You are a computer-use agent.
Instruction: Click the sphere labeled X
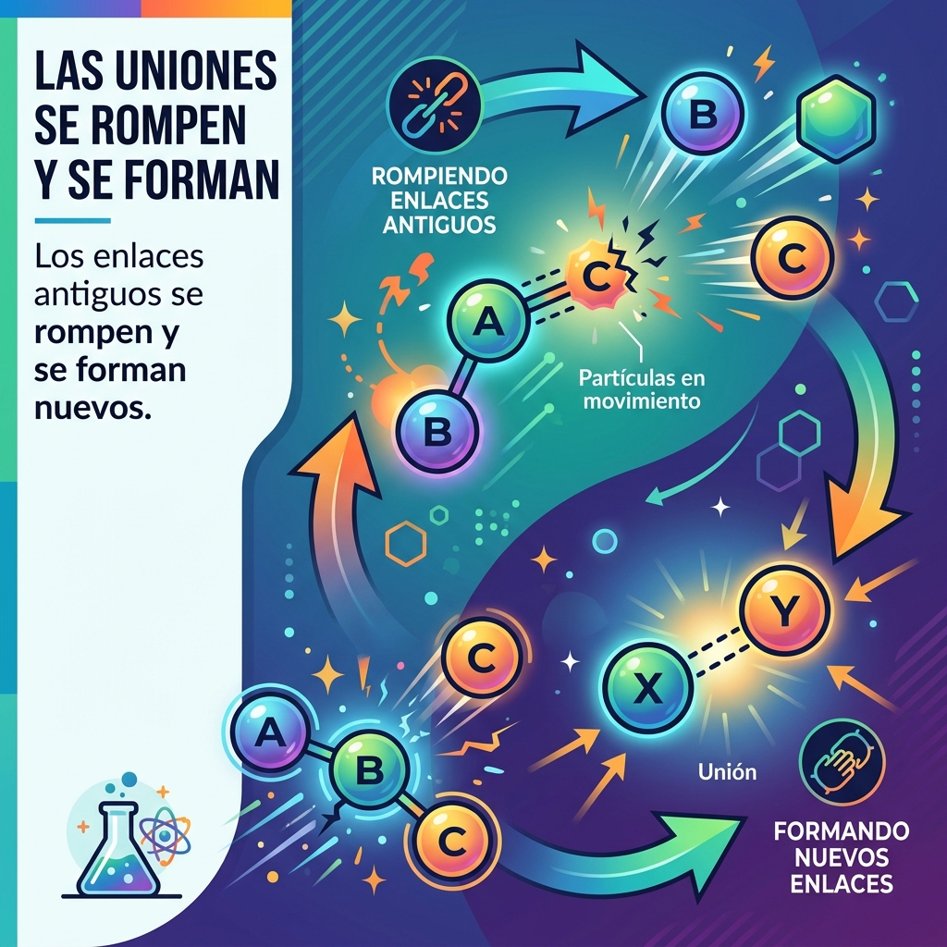647,688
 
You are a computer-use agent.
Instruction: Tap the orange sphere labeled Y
785,610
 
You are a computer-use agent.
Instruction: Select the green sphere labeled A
488,320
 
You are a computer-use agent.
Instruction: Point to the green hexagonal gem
836,119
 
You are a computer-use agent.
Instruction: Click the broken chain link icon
435,105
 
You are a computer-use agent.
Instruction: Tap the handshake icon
842,762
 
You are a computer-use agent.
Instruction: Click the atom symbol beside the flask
165,836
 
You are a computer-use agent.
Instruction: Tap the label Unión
727,771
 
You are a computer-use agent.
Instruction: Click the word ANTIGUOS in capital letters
439,225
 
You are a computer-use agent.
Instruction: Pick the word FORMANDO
842,831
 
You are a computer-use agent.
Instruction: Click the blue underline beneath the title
72,221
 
